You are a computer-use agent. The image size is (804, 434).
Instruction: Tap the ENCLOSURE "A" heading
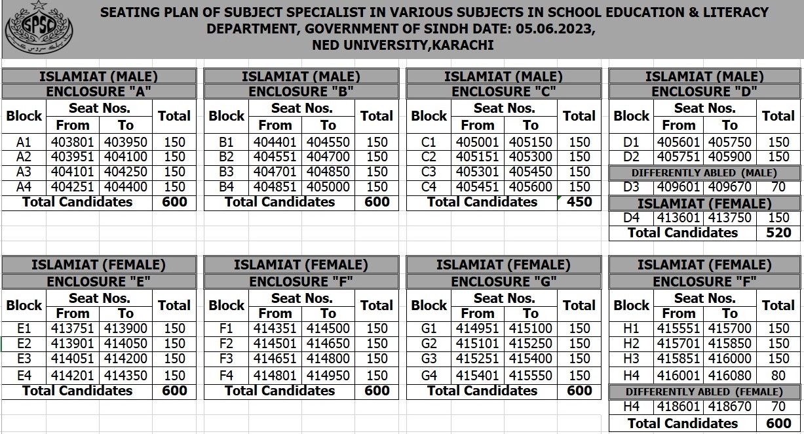(x=99, y=92)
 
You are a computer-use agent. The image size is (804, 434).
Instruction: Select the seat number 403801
(x=72, y=142)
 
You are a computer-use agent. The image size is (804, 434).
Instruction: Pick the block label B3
(x=226, y=172)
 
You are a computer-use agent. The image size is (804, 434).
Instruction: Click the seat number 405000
(x=328, y=187)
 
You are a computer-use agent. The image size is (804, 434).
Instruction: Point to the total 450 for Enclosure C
(x=579, y=202)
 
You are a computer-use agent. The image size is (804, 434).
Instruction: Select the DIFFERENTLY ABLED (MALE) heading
(x=704, y=172)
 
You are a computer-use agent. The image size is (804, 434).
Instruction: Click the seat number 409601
(x=678, y=187)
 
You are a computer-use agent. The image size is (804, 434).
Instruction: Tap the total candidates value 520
(x=778, y=233)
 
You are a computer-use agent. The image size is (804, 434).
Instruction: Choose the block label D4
(x=631, y=218)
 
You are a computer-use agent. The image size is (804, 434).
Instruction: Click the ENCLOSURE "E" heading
(x=99, y=281)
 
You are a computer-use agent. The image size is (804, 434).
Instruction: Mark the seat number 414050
(x=126, y=344)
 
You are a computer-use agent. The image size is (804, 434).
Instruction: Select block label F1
(x=226, y=328)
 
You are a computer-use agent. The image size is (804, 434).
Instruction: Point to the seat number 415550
(x=531, y=376)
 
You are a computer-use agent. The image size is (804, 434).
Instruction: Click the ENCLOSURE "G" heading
(x=504, y=281)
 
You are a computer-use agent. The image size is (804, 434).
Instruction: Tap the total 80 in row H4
(x=778, y=376)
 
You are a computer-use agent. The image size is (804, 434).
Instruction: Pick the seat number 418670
(x=729, y=407)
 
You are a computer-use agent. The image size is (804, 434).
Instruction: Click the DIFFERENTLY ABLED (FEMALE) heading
(x=704, y=392)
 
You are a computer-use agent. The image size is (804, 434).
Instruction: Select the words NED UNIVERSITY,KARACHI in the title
(x=402, y=45)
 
